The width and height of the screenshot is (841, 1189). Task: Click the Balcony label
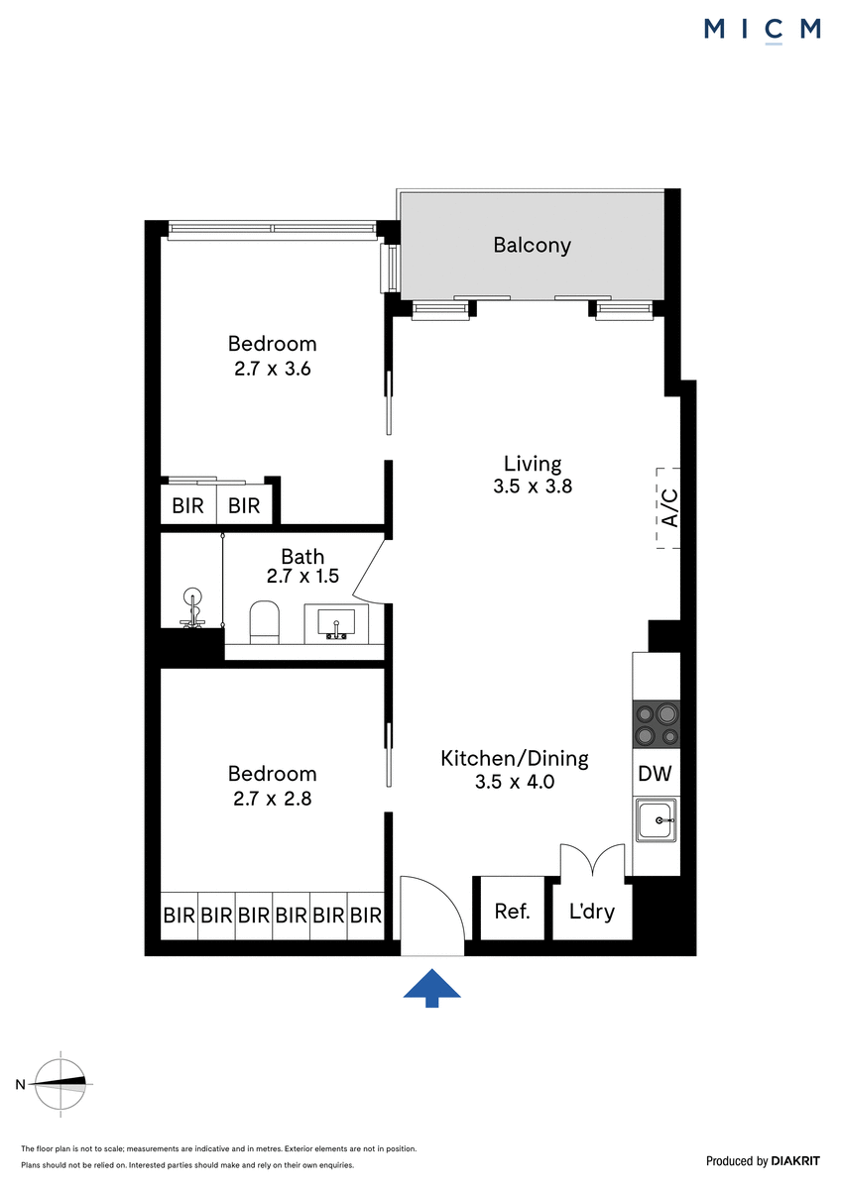click(532, 246)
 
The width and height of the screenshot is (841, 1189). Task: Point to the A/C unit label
click(670, 508)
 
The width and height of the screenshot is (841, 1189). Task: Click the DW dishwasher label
click(655, 774)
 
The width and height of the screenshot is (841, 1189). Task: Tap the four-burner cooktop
click(657, 724)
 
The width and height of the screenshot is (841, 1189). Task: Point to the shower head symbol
click(191, 607)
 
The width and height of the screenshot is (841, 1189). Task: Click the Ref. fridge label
click(512, 912)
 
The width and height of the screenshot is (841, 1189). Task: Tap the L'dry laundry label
click(592, 912)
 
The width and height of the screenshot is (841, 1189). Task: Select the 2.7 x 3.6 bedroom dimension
click(272, 369)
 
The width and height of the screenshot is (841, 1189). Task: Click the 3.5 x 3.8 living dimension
click(533, 486)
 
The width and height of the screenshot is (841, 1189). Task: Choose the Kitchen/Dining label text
click(515, 759)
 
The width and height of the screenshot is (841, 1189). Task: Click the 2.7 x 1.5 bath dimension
click(302, 576)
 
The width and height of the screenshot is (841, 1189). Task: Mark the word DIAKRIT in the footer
click(795, 1161)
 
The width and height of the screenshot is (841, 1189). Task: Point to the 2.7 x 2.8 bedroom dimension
click(272, 799)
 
